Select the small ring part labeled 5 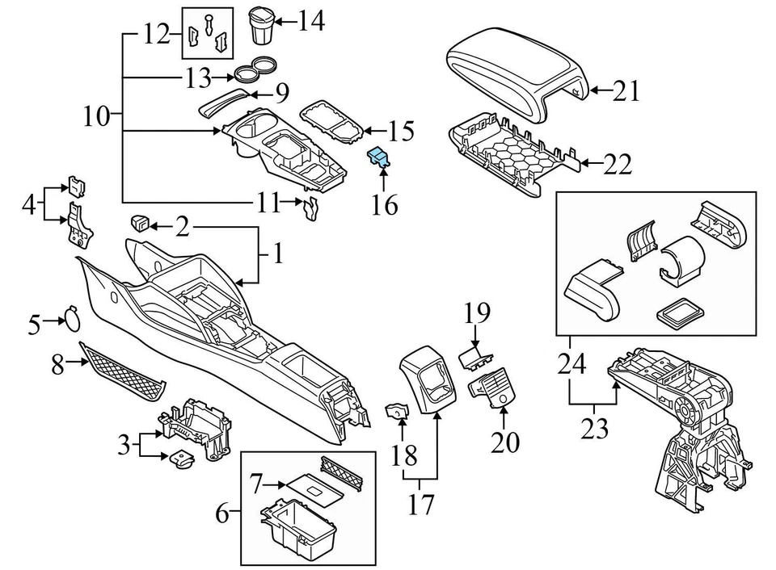coord(72,318)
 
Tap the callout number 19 coord(478,312)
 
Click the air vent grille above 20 coord(496,390)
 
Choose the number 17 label coord(421,505)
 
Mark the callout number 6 coord(220,512)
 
